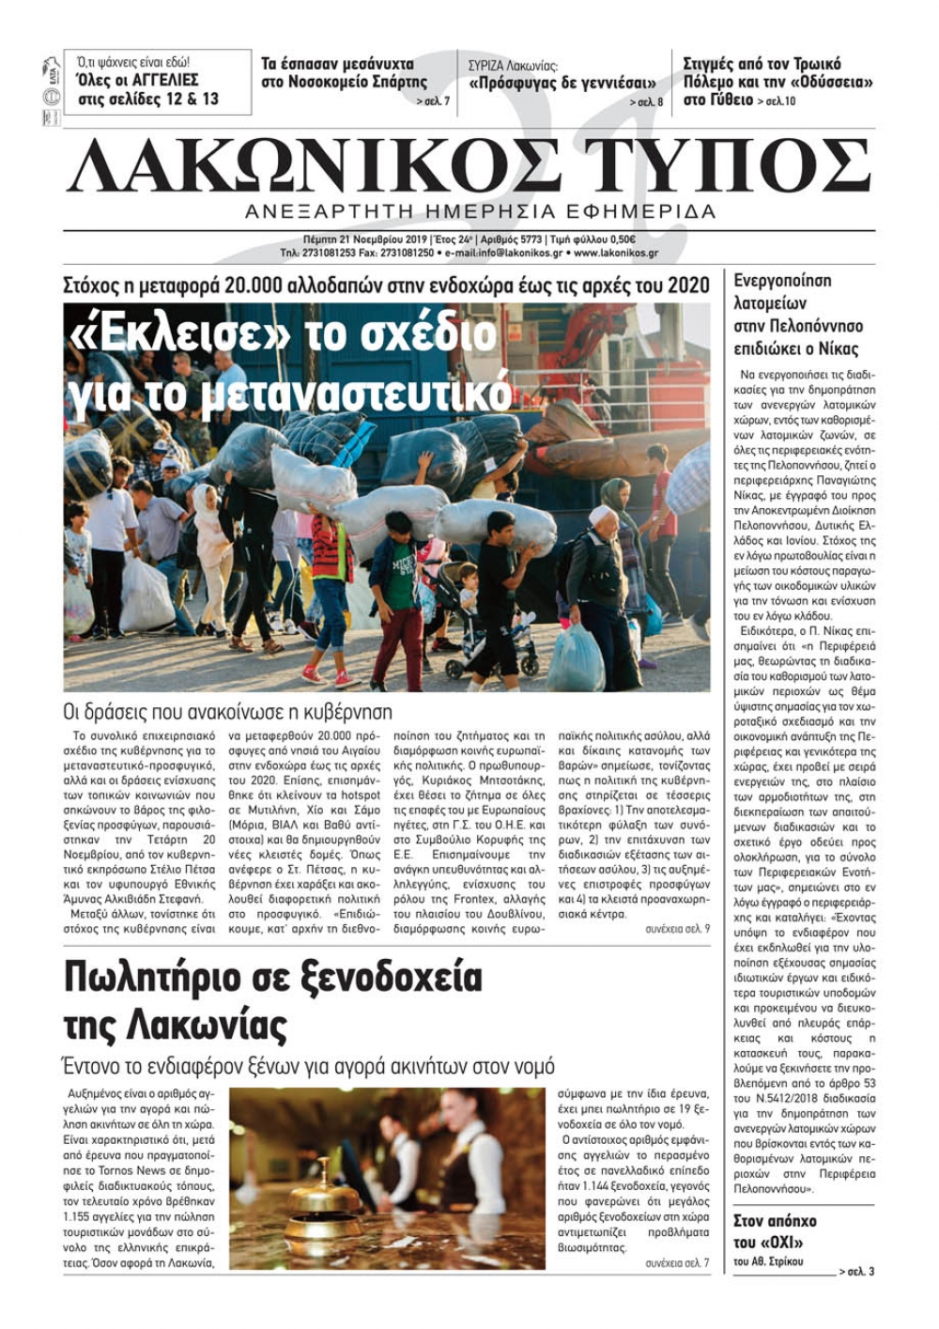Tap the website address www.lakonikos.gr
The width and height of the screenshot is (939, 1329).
pyautogui.click(x=616, y=253)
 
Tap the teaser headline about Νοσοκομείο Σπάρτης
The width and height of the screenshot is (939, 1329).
pyautogui.click(x=344, y=73)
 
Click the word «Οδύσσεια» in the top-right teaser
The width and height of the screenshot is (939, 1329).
pyautogui.click(x=827, y=82)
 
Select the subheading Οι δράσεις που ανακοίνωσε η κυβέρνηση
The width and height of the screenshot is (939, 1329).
pyautogui.click(x=227, y=711)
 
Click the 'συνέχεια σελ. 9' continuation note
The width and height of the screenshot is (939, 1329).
pyautogui.click(x=677, y=928)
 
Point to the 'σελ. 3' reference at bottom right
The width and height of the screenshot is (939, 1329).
pyautogui.click(x=859, y=1272)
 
